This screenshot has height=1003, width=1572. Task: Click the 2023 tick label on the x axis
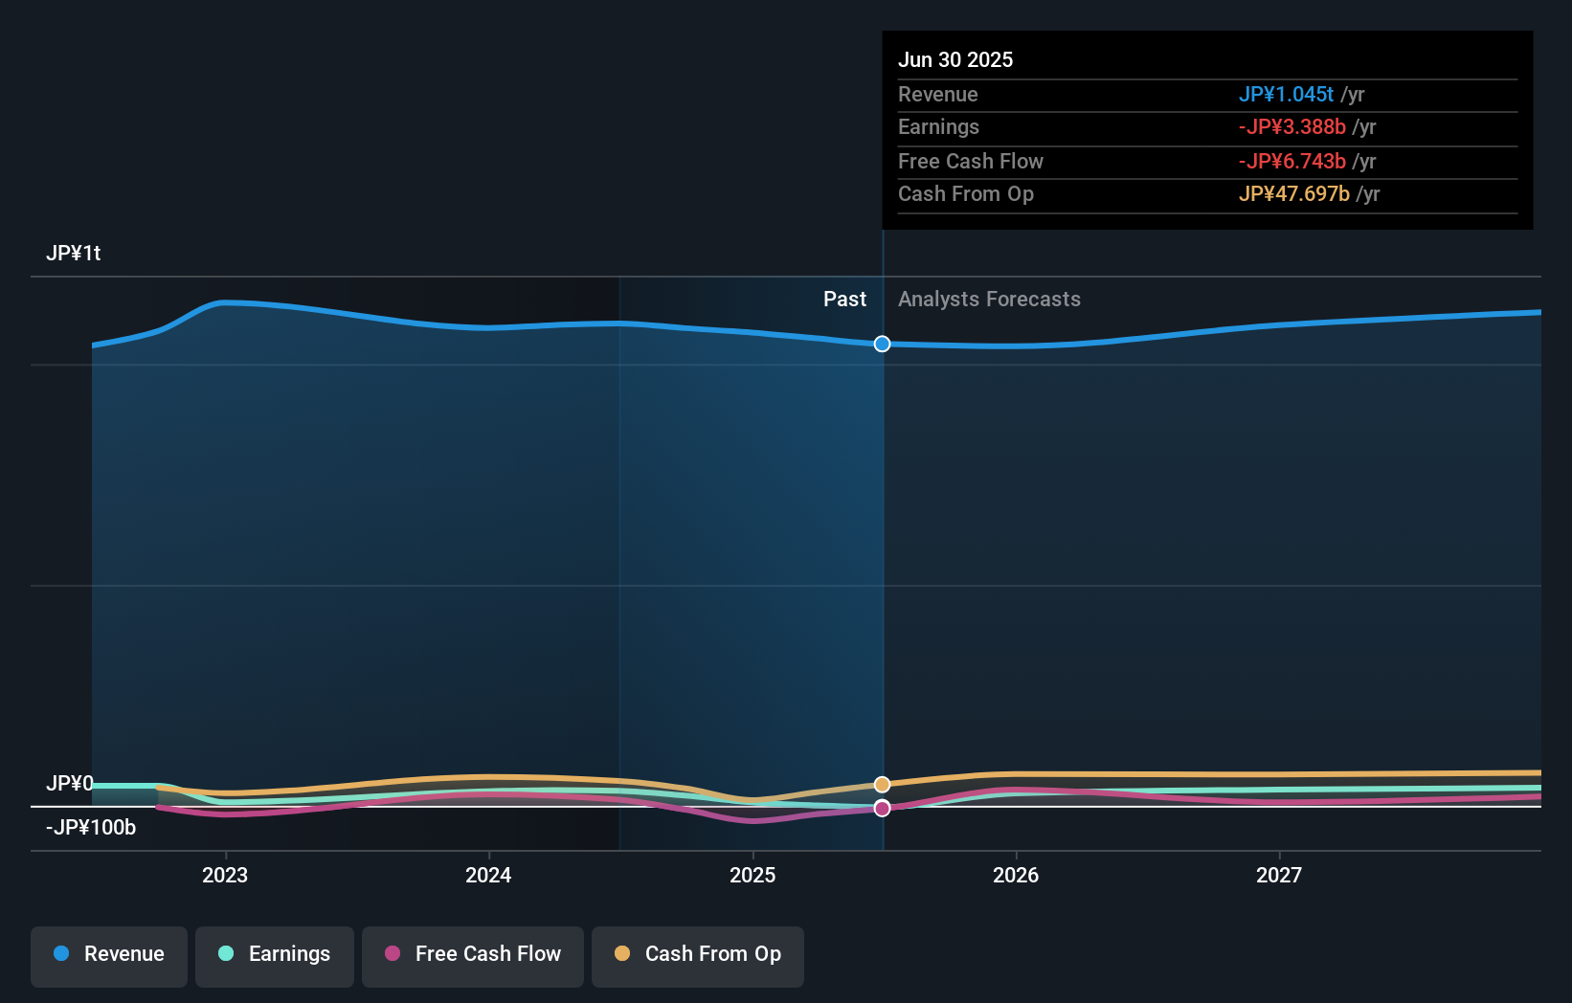coord(225,876)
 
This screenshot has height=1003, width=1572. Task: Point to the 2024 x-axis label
coord(488,876)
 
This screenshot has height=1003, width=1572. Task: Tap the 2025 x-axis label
coord(752,876)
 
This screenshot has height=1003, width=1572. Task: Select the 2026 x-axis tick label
coord(1016,876)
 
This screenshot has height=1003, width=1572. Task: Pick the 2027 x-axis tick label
coord(1279,876)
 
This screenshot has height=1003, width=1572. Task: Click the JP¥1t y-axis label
coord(73,254)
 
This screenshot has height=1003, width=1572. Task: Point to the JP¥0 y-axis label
coord(70,784)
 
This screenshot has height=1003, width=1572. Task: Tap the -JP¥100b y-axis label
coord(91,828)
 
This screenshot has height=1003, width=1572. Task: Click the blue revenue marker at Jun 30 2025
coord(882,344)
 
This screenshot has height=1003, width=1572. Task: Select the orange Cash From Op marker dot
coord(882,784)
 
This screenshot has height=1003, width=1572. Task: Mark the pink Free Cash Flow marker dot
coord(882,808)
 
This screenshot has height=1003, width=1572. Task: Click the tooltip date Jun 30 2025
coord(955,59)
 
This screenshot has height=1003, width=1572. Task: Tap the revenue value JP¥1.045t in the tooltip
coord(1286,94)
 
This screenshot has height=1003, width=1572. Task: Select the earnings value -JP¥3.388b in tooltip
coord(1292,127)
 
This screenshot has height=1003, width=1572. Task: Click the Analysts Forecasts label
coord(989,300)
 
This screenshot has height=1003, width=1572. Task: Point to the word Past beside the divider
coord(844,300)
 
